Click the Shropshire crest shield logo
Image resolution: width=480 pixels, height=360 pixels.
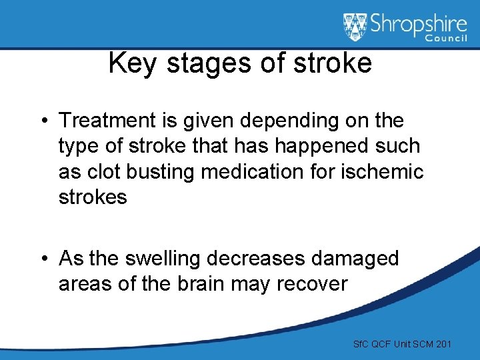355,27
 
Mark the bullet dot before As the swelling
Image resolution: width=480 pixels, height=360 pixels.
44,259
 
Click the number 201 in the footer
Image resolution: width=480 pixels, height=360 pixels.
442,344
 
